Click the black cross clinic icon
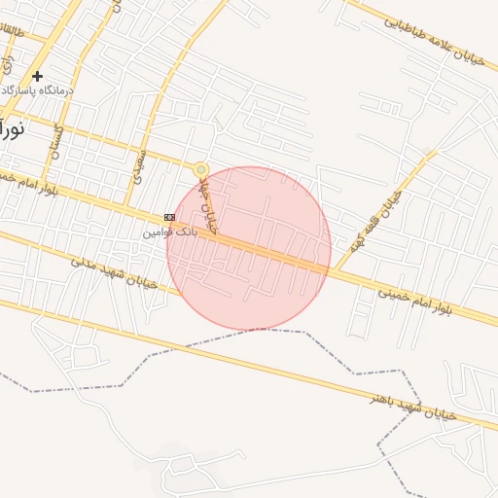pos(37,76)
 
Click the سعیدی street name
pos(142,165)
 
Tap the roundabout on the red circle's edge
pos(201,169)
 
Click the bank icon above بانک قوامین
pos(170,217)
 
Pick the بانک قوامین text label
pos(170,231)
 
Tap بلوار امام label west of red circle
pos(29,181)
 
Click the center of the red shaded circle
pos(249,249)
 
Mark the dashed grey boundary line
pos(292,332)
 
